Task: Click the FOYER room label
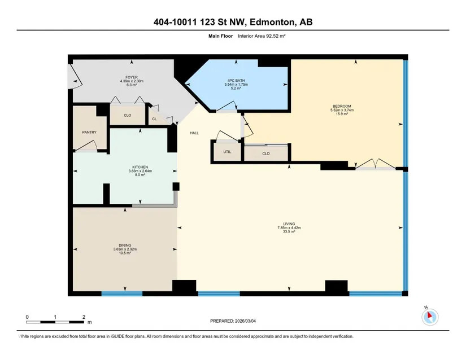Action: [x=132, y=77]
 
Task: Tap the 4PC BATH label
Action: [x=236, y=81]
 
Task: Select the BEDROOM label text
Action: [x=342, y=106]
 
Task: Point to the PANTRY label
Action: [x=89, y=133]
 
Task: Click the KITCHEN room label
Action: [x=140, y=167]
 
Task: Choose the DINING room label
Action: [x=125, y=245]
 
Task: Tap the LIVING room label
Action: [x=289, y=224]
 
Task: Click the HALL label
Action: [x=194, y=133]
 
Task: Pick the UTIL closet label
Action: [x=227, y=152]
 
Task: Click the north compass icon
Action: [x=430, y=317]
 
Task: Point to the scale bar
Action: [x=55, y=322]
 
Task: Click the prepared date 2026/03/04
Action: [x=245, y=321]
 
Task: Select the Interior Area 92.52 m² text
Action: [x=262, y=36]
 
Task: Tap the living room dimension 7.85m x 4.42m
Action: [x=289, y=227]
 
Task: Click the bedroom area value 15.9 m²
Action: [x=342, y=113]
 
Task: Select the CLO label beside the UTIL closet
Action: [x=266, y=153]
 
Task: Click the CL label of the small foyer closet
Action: [x=154, y=119]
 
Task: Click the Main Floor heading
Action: [x=220, y=36]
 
